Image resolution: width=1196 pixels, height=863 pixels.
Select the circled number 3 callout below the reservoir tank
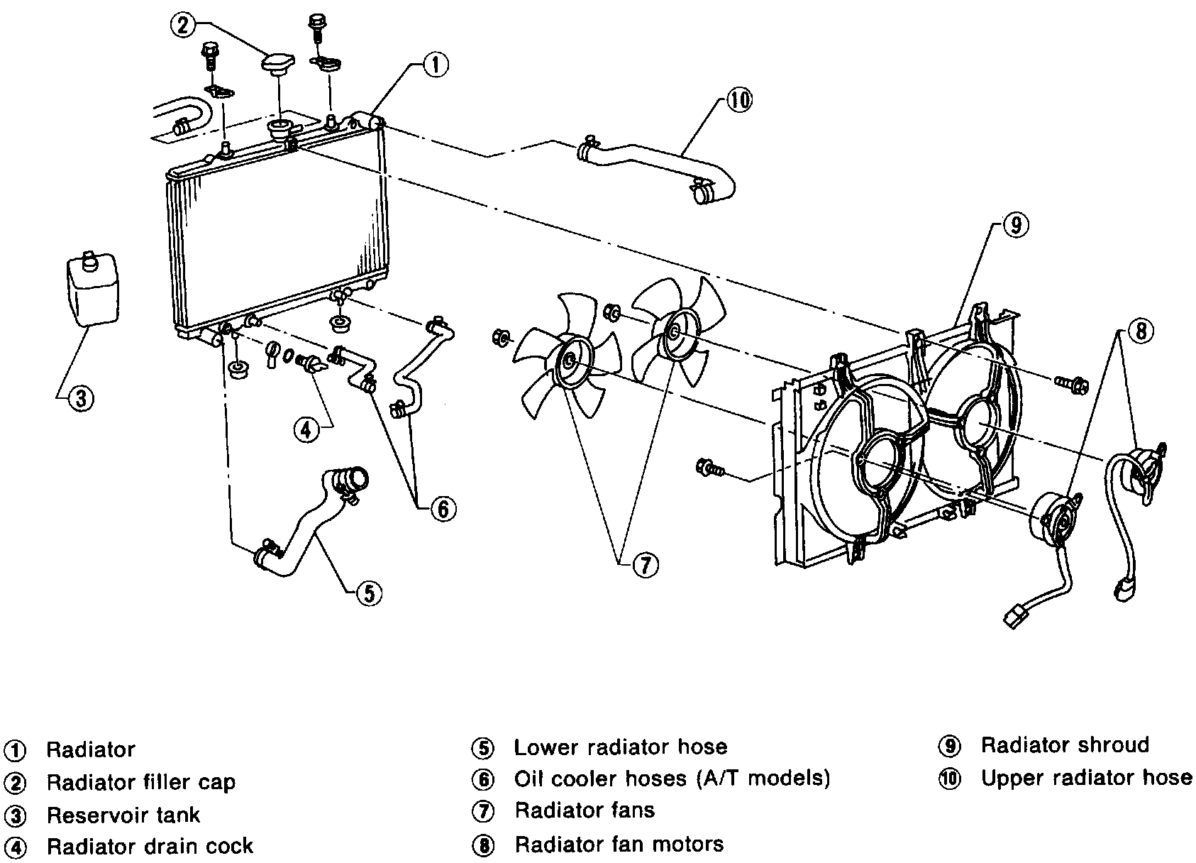80,399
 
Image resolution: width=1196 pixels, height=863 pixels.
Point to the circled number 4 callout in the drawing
306,429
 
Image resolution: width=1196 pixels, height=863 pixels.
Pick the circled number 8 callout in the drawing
1141,331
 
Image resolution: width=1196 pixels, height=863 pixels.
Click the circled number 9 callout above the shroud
1015,226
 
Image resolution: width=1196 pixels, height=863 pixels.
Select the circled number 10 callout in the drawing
738,100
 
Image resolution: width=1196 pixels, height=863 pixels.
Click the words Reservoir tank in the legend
123,815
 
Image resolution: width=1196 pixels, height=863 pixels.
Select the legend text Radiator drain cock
150,846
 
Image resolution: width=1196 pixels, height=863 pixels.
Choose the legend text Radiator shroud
1064,745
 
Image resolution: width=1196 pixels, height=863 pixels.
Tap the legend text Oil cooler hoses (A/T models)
672,779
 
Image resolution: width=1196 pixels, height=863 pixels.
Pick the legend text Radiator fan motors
619,844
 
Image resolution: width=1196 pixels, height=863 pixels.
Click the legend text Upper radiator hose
1086,778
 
